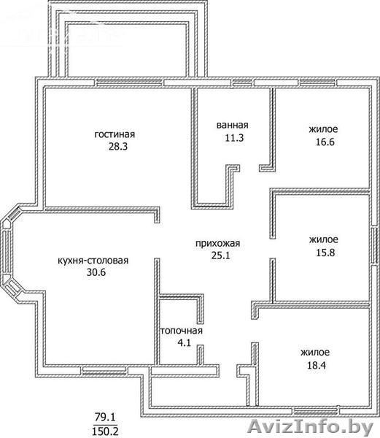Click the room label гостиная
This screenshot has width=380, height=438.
115,134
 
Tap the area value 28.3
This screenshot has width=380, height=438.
118,147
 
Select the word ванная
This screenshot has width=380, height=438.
233,125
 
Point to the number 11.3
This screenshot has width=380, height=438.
234,138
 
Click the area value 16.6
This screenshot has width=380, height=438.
325,142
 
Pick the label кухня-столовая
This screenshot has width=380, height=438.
93,261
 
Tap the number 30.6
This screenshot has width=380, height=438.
96,272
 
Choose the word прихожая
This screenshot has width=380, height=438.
217,243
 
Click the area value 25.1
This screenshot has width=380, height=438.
221,255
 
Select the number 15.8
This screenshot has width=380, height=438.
325,253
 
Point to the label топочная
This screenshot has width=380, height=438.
181,331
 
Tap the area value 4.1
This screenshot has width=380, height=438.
184,342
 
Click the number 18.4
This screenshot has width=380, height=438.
317,365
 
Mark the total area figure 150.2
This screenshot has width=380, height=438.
105,431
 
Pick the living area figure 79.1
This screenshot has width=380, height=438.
105,418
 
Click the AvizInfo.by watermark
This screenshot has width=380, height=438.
311,427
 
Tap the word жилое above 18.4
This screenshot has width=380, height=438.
315,353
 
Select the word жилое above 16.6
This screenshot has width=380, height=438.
323,129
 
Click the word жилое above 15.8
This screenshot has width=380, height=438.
324,239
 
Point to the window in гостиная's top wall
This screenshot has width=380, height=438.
128,82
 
